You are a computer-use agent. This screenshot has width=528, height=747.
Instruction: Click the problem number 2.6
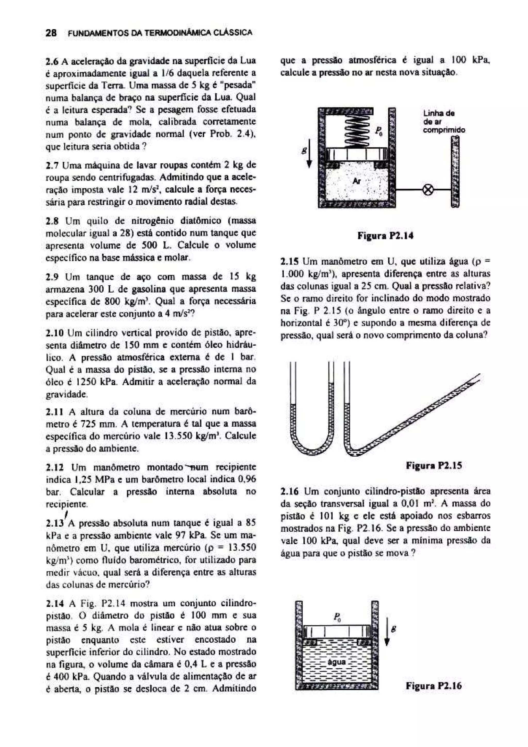[x=52, y=61]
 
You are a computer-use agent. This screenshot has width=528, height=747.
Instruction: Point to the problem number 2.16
[x=289, y=491]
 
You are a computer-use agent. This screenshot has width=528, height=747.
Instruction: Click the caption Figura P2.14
[x=385, y=236]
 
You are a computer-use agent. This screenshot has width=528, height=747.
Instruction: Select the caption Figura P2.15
[x=434, y=466]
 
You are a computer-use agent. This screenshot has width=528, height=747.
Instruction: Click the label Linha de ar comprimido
[x=444, y=122]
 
